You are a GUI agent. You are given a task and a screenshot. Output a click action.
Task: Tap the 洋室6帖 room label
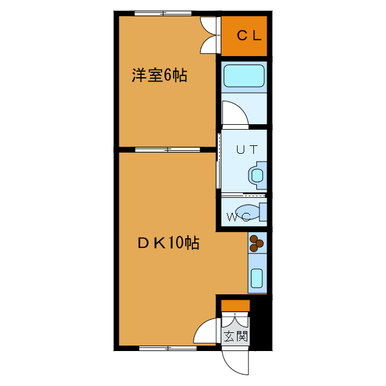coord(159,75)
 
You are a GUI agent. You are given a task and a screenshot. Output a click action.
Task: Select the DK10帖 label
coord(168,243)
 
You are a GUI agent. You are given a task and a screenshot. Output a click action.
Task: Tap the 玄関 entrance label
coord(235,337)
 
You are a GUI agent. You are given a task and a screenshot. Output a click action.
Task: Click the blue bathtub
coord(244,76)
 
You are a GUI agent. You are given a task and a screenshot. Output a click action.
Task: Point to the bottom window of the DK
coord(163,347)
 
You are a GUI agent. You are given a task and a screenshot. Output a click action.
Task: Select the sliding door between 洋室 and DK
coord(168,148)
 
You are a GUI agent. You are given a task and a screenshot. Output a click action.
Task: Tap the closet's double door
coord(209,35)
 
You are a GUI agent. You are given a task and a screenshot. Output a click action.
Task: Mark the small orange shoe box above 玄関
coord(235,306)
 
